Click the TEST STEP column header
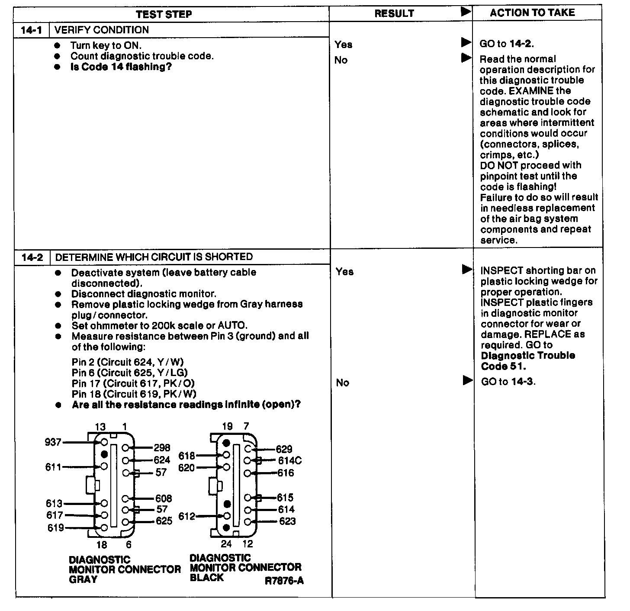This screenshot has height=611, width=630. click(x=164, y=14)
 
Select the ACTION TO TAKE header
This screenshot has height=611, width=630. click(x=532, y=13)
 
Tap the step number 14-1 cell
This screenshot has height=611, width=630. click(x=31, y=30)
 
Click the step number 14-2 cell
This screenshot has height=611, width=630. click(x=32, y=257)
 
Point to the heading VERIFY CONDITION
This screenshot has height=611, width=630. click(x=102, y=30)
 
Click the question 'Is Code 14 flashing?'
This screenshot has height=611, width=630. click(x=121, y=67)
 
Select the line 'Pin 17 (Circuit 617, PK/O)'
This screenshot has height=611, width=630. click(x=133, y=383)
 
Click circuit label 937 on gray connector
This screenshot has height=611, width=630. click(x=53, y=442)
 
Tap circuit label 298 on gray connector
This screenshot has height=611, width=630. click(x=162, y=448)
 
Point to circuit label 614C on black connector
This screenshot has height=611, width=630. click(x=290, y=461)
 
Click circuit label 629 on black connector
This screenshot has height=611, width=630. click(x=284, y=449)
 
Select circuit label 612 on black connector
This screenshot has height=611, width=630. click(x=187, y=516)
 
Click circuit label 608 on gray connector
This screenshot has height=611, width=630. click(x=164, y=498)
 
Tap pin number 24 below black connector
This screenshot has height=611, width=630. click(x=226, y=544)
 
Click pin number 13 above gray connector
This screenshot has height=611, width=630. click(x=100, y=427)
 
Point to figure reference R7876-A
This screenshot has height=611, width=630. click(x=284, y=581)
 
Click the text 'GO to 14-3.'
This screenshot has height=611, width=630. click(x=508, y=382)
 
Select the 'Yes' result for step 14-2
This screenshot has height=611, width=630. click(x=344, y=272)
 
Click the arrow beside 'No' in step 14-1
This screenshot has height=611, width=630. click(x=466, y=58)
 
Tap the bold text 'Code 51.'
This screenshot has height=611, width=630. click(x=503, y=366)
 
